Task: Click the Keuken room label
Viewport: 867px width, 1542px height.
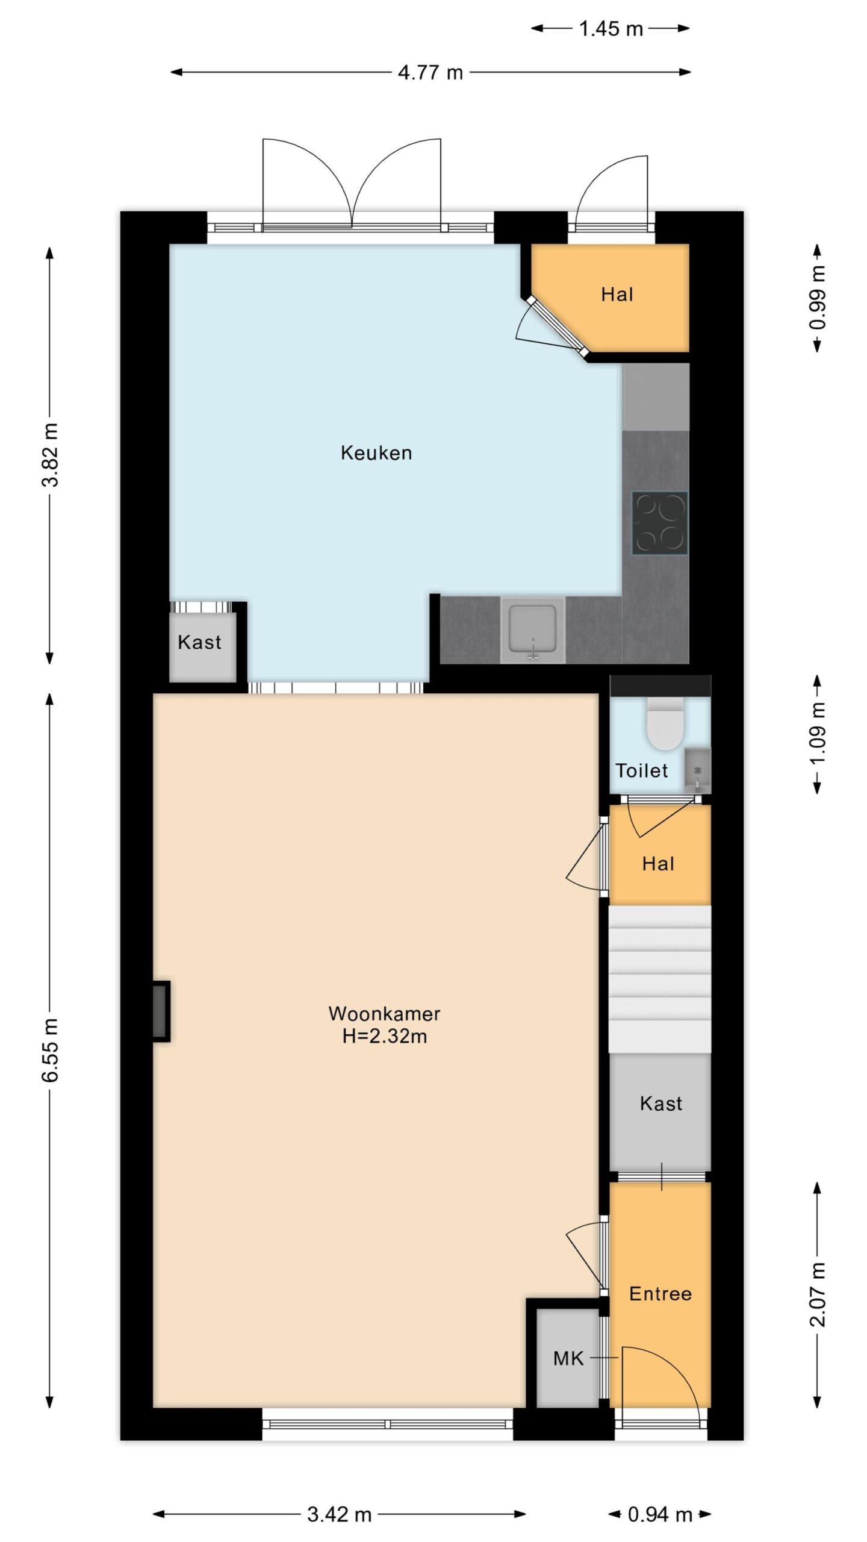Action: click(x=376, y=452)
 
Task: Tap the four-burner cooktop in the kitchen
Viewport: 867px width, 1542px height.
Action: click(x=659, y=523)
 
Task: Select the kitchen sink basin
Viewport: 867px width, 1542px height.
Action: click(x=533, y=629)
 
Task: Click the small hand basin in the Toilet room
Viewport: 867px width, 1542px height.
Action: click(x=697, y=770)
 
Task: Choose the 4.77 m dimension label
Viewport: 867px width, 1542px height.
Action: click(x=430, y=73)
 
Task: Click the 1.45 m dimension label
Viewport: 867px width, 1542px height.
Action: click(x=611, y=28)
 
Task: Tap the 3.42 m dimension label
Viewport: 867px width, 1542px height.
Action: click(x=340, y=1514)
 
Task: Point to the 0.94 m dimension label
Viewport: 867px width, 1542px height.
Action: click(x=660, y=1514)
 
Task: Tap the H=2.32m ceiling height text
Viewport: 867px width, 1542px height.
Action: click(x=385, y=1036)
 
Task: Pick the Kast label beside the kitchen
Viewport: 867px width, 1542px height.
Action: click(x=199, y=642)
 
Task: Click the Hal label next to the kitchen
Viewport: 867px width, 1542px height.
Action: click(x=617, y=295)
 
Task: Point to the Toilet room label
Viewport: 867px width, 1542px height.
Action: click(x=642, y=770)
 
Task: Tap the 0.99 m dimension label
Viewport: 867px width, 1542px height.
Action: click(x=818, y=298)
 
